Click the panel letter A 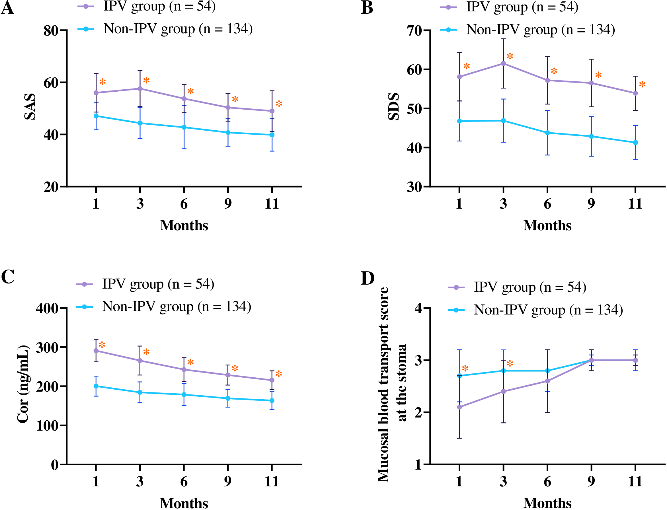pos(7,8)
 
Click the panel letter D pos(368,278)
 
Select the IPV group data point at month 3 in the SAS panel pos(140,89)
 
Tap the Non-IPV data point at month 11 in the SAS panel pos(272,135)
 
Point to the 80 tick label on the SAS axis pos(51,31)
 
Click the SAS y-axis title pos(30,106)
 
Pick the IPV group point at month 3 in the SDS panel pos(503,63)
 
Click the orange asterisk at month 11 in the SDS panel pos(643,85)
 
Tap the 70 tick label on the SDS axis pos(414,31)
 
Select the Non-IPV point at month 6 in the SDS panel pos(547,133)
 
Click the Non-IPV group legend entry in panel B pos(528,30)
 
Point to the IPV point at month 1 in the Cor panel pos(96,351)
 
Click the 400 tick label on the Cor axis pos(47,309)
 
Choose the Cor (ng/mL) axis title pos(23,384)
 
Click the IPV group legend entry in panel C pos(145,284)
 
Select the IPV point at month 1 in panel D pos(459,407)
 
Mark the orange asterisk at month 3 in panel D pos(510,363)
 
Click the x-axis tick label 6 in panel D pos(547,482)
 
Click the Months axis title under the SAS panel pos(184,226)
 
